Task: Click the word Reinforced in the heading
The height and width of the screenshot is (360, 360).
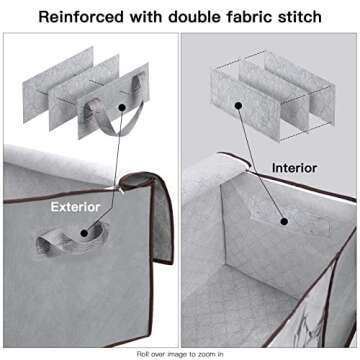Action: point(81,17)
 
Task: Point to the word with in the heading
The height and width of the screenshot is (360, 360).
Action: point(146,17)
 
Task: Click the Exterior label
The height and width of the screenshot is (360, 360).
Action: point(75,207)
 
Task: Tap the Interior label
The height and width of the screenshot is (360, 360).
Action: point(294,168)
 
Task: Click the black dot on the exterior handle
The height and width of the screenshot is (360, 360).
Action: point(84,233)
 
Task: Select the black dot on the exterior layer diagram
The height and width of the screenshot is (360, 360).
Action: point(122,107)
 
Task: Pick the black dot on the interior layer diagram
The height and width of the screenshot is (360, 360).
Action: point(238,106)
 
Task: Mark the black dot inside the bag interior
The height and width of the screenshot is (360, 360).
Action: point(284,221)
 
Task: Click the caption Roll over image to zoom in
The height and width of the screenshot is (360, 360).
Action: point(180,353)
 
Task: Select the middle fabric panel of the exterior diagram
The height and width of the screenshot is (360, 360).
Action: point(83,93)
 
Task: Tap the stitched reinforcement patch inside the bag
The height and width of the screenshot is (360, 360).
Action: point(287,218)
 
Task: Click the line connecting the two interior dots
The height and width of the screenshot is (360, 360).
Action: point(261,163)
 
